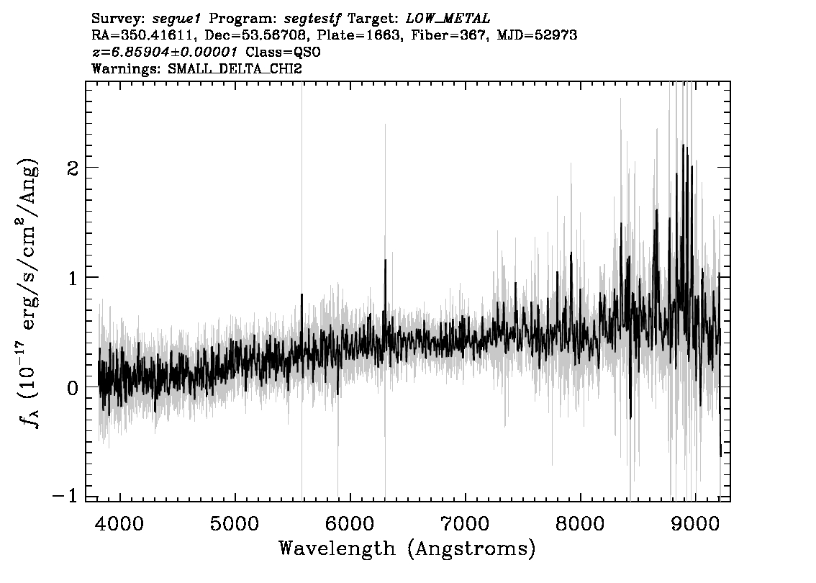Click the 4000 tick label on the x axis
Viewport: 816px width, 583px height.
[120, 524]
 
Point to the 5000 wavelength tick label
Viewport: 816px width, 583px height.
[235, 524]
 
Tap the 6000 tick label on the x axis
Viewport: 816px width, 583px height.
[350, 524]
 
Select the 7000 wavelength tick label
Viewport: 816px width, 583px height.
[465, 524]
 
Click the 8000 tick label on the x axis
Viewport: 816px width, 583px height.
[580, 524]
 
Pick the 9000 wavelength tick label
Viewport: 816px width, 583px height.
[694, 524]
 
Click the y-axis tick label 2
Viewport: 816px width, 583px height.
[73, 168]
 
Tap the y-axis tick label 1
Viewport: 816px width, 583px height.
[73, 278]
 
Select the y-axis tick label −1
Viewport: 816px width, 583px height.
[65, 496]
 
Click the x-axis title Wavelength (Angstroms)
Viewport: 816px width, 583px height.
[407, 549]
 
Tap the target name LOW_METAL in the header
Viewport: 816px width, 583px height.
[448, 19]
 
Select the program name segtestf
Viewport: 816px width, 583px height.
[312, 19]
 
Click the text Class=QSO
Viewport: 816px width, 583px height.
[283, 52]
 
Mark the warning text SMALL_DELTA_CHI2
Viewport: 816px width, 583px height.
[235, 68]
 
